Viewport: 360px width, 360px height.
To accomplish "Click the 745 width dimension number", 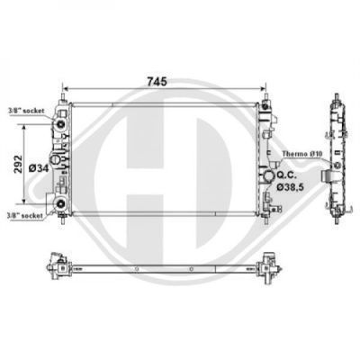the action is click(x=157, y=82).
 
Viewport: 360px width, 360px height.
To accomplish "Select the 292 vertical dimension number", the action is click(x=19, y=164).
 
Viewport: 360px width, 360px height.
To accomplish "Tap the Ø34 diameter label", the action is click(x=39, y=168).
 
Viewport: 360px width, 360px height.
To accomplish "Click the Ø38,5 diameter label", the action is click(x=290, y=187).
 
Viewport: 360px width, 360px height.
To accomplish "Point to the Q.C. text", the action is click(x=287, y=175).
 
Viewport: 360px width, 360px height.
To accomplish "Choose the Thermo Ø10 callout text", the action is click(x=302, y=154).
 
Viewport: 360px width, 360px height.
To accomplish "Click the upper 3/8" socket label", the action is click(x=27, y=111).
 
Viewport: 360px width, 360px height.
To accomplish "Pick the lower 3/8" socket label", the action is click(x=26, y=215).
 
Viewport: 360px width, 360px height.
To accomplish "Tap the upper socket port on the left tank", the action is click(x=61, y=124).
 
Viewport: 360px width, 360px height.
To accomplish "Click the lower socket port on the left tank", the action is click(x=61, y=203).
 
